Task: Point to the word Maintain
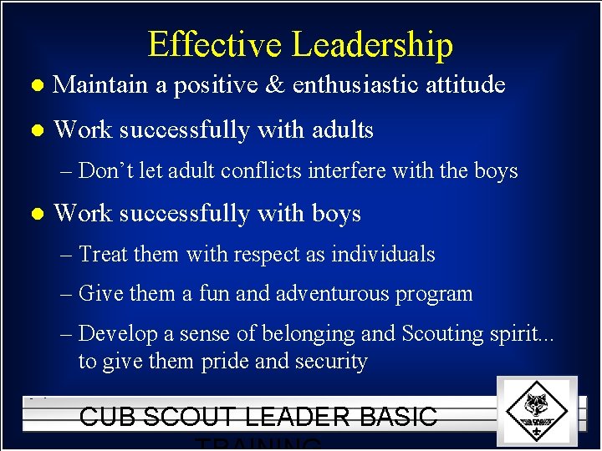[99, 84]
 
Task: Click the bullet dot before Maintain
[35, 85]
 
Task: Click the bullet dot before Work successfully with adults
[35, 130]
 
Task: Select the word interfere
[344, 171]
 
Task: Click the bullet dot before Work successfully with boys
[35, 214]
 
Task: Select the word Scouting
[441, 334]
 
